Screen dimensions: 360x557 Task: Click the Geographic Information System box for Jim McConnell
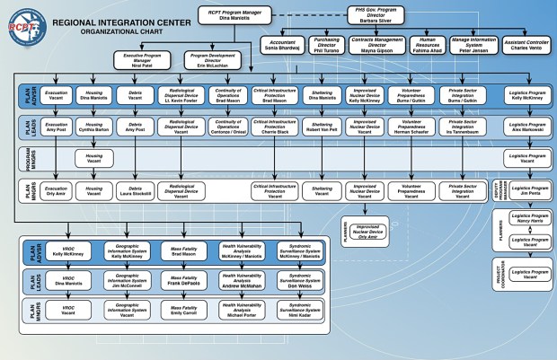pyautogui.click(x=127, y=281)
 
